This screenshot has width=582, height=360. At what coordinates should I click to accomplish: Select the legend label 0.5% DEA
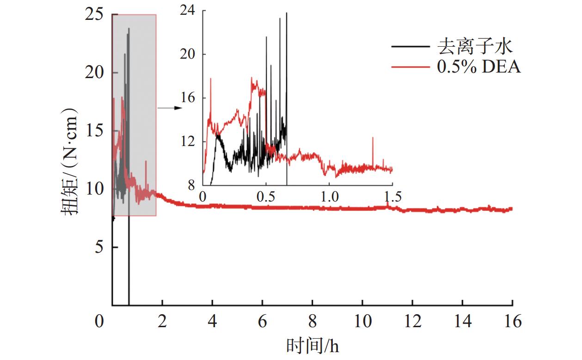tap(479, 67)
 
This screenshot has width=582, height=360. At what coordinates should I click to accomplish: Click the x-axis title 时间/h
tap(312, 346)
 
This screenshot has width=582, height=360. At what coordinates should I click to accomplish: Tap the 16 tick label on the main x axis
tap(512, 321)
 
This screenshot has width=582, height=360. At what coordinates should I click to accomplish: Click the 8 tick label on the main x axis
tap(312, 321)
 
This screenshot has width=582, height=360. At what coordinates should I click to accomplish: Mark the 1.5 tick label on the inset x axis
tap(392, 196)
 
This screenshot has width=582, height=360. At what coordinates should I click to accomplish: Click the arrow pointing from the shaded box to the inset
tap(169, 108)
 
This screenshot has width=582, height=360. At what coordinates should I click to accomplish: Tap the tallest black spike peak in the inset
tap(287, 13)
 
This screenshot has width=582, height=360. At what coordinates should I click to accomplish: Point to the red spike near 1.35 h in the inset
tap(373, 138)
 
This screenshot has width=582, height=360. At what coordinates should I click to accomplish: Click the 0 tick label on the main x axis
tap(99, 321)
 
